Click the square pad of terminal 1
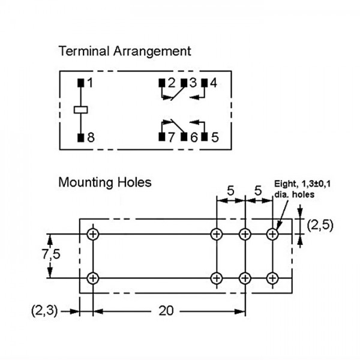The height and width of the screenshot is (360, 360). coord(81,83)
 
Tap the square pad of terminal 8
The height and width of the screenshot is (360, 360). coord(81,137)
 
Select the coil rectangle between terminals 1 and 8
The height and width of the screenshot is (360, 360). coord(81,110)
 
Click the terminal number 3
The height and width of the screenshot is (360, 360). coord(193,83)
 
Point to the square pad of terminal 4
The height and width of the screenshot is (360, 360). coord(205,83)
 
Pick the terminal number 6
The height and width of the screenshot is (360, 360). coord(194,137)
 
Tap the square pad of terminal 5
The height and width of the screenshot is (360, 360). coord(205,137)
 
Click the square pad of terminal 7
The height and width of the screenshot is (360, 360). coord(162,137)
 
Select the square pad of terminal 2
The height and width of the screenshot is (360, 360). coord(162,83)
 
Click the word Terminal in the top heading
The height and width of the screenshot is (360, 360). coord(84,51)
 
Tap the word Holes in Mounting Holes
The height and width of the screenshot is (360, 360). coord(134,182)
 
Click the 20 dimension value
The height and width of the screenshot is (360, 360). coord(166,311)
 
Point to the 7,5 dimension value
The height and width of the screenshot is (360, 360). coord(51,254)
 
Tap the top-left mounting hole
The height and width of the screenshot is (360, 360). coord(93,234)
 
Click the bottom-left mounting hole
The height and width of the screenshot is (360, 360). coord(93,278)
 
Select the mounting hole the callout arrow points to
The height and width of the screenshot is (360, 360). coord(272,234)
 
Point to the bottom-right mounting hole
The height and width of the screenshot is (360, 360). coord(272,278)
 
